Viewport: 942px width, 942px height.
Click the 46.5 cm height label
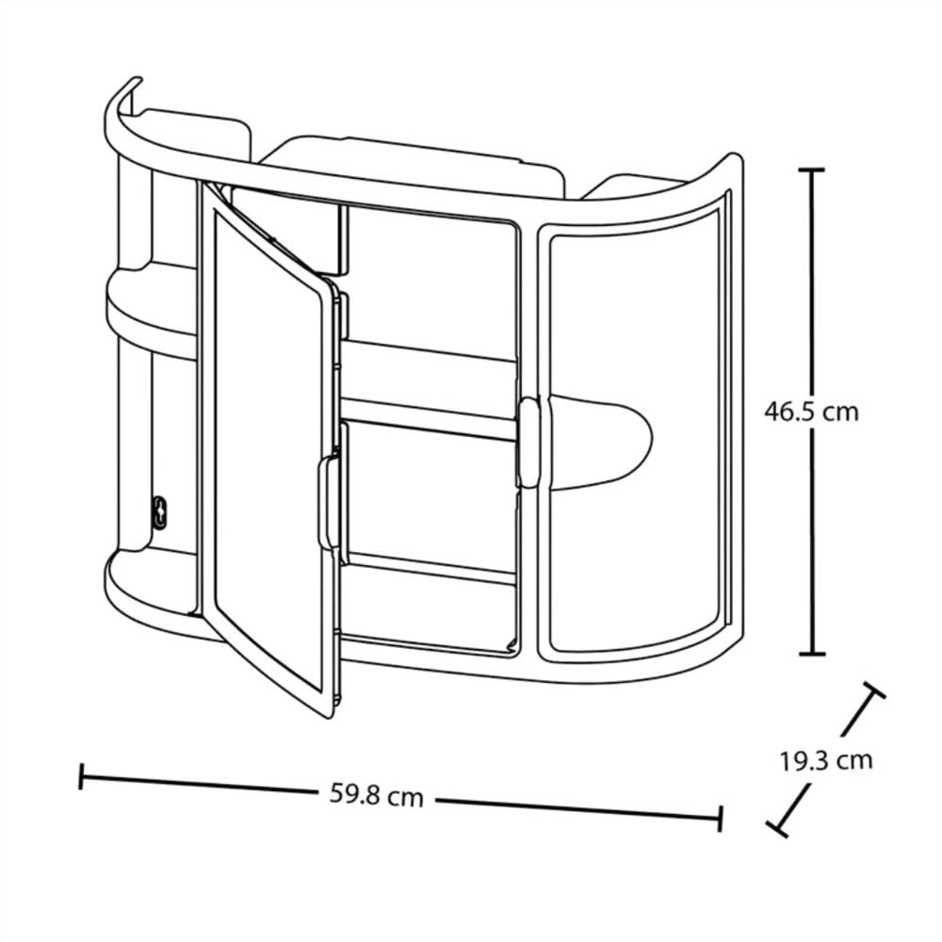(x=811, y=413)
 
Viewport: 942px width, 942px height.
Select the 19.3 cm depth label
(x=826, y=761)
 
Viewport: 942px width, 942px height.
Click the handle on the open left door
(x=328, y=502)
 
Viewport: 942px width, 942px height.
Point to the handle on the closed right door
(x=528, y=442)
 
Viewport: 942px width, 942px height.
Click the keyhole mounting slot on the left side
(x=160, y=512)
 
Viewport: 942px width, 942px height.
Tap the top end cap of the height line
(x=811, y=171)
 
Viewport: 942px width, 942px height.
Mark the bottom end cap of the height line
(x=812, y=655)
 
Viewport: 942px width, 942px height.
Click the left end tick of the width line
(x=80, y=776)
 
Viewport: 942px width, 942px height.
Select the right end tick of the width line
(x=720, y=819)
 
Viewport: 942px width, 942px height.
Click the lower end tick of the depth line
(x=777, y=829)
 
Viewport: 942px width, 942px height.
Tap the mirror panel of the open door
(x=268, y=450)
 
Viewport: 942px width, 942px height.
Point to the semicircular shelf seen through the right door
(x=601, y=442)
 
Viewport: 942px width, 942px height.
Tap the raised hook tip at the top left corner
(x=136, y=80)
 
